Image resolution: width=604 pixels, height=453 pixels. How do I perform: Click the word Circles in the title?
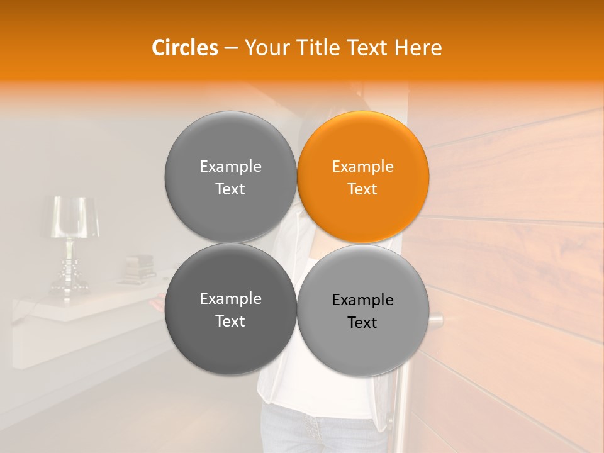coord(185,48)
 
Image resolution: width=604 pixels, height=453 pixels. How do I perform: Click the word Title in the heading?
coord(310,48)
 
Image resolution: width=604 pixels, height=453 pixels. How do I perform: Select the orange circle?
coord(363,177)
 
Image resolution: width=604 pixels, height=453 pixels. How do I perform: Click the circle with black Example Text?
coord(363,310)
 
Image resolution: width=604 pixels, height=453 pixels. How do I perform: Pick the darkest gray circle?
coord(230,309)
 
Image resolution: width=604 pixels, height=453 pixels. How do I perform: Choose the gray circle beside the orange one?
coord(230,177)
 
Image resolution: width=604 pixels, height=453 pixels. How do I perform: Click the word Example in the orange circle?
coord(362,167)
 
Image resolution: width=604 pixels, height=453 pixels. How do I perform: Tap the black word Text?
coord(362,323)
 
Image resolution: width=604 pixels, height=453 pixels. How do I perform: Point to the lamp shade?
coord(75,216)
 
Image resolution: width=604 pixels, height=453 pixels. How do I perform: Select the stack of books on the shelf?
coord(138,269)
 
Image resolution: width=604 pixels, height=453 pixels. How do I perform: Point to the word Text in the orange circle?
coord(362,189)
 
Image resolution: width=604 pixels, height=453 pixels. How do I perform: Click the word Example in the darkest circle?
coord(230,299)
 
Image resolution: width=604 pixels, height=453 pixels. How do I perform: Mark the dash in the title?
coord(231,48)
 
